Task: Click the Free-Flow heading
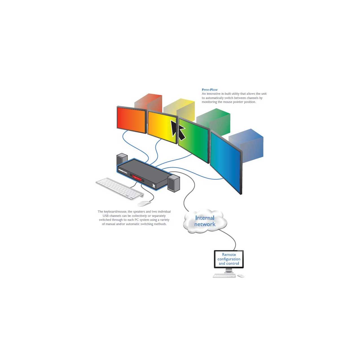tap(210, 90)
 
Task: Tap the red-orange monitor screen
tap(131, 120)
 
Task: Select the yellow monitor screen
tap(162, 127)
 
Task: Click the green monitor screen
tap(193, 140)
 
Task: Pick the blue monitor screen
tap(226, 162)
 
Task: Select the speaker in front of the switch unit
tap(174, 183)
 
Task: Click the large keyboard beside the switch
tap(120, 189)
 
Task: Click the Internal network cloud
tap(205, 221)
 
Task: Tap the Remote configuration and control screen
tap(229, 259)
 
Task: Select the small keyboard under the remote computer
tap(224, 276)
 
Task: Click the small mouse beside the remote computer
tap(241, 276)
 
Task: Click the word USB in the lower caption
tap(106, 216)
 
